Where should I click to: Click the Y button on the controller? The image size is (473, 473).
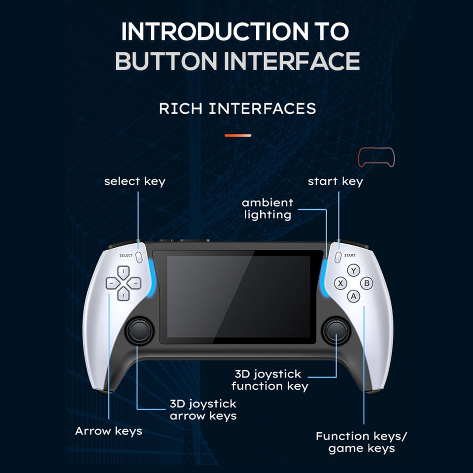click(x=353, y=270)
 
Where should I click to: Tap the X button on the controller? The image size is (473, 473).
click(x=340, y=283)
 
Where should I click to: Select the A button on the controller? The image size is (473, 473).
click(x=353, y=296)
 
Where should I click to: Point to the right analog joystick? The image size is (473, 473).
click(x=337, y=331)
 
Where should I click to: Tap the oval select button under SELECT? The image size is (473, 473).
click(x=139, y=257)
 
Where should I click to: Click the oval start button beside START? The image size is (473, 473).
click(x=338, y=257)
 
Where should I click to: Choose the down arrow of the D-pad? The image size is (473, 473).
click(x=123, y=295)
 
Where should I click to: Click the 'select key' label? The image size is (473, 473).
click(x=135, y=181)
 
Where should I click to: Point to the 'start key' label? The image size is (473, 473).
click(x=335, y=181)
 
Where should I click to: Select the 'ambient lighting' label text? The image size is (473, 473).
click(x=268, y=208)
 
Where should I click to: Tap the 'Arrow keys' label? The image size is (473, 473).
click(x=108, y=431)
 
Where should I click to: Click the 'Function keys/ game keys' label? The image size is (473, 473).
click(x=362, y=442)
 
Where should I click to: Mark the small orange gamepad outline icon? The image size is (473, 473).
click(x=376, y=158)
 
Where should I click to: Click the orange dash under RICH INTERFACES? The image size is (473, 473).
click(x=238, y=135)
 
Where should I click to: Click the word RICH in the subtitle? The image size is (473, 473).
click(x=181, y=108)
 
